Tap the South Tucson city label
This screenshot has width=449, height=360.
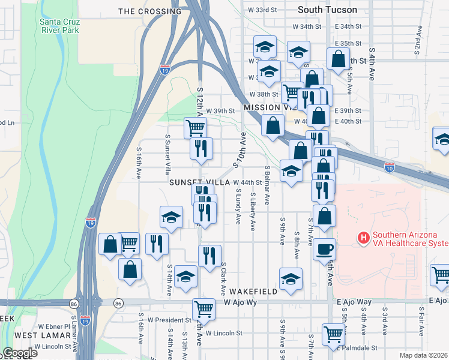(x=328, y=10)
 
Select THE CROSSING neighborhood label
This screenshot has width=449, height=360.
(x=150, y=11)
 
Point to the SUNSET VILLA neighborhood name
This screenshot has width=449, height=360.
(x=199, y=182)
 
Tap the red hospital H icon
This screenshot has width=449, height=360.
(x=363, y=238)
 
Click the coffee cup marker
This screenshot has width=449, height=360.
(x=324, y=249)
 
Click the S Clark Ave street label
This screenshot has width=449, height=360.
(x=223, y=279)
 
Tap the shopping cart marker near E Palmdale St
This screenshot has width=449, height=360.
(x=333, y=334)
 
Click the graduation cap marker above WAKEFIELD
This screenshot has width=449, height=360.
(x=291, y=278)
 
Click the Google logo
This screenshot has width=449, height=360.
(x=20, y=353)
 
